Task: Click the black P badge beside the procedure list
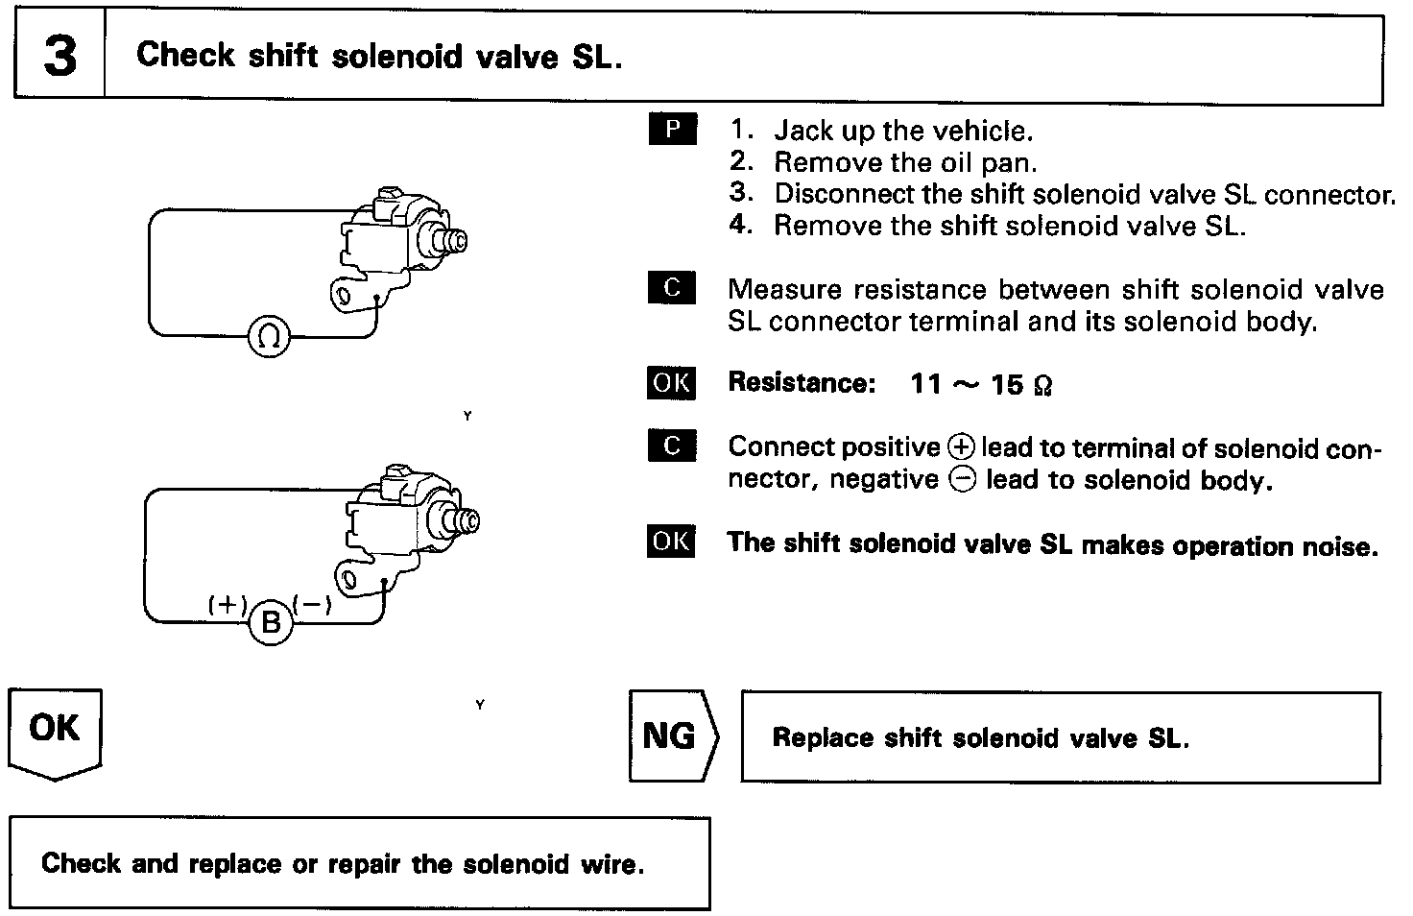tap(672, 129)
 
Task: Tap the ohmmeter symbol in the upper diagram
tap(269, 336)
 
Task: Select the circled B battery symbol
tap(271, 623)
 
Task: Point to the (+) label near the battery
tap(228, 604)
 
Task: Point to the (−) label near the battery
tap(313, 604)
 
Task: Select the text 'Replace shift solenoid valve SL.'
tap(980, 737)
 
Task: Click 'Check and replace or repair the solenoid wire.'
tap(343, 863)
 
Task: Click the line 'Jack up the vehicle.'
tap(902, 131)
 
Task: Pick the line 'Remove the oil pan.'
tap(905, 162)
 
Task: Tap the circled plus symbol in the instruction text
tap(960, 447)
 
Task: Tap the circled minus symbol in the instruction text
tap(961, 479)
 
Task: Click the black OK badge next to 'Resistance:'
tap(671, 382)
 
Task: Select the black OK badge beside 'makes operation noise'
tap(671, 542)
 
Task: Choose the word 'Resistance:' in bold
tap(802, 382)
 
